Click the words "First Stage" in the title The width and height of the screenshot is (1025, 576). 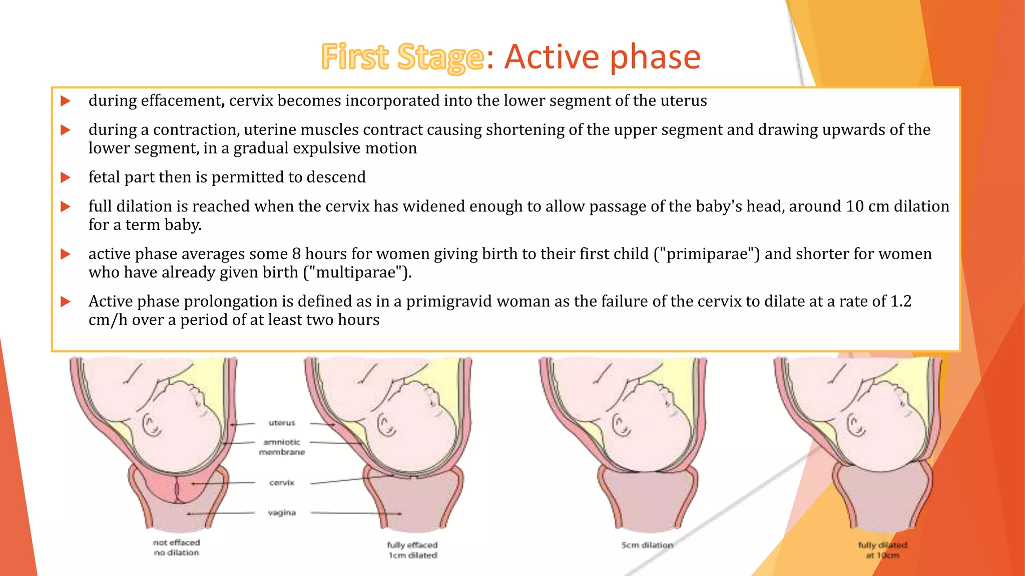tap(402, 57)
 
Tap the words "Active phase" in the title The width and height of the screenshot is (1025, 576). tap(602, 57)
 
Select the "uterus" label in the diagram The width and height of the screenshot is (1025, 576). tap(282, 423)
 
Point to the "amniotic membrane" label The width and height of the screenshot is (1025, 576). tap(282, 447)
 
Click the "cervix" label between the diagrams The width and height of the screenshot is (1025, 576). tap(282, 483)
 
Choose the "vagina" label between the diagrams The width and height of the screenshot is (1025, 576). tap(282, 513)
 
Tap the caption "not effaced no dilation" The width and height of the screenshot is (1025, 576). tap(176, 547)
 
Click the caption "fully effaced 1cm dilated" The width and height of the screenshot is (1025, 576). tap(412, 550)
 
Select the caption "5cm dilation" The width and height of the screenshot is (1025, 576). tap(647, 545)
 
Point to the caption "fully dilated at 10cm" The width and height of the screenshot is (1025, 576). tap(882, 550)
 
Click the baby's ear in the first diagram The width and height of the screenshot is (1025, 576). tap(151, 425)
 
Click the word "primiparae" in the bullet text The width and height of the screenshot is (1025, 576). tap(707, 254)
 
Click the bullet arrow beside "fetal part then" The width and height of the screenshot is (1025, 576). tap(65, 177)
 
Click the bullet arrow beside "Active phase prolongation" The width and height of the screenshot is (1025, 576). tap(65, 301)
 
